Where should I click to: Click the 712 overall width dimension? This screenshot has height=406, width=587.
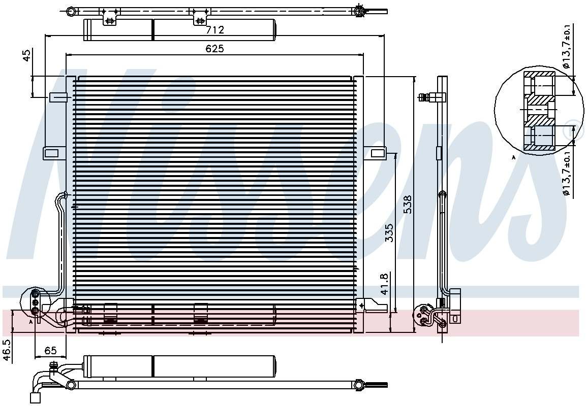[215, 30]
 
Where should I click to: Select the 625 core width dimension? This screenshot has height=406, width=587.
[215, 49]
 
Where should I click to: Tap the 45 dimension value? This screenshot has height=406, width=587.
[27, 55]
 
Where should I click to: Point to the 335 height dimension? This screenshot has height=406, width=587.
[390, 233]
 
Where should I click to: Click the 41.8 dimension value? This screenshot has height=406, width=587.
[385, 284]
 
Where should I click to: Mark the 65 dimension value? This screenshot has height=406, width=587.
[50, 351]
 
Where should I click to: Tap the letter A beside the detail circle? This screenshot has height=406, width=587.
[513, 158]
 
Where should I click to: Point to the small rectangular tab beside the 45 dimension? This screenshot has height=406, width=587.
[58, 97]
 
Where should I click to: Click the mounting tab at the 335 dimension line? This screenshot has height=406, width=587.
[378, 153]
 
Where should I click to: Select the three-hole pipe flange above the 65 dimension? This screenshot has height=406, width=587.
[35, 302]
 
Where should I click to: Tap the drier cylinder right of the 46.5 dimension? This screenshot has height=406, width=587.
[180, 366]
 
